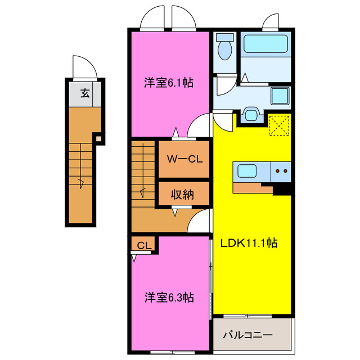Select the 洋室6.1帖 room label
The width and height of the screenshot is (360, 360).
point(168,83)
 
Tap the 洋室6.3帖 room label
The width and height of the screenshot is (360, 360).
point(169,297)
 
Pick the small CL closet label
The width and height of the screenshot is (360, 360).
point(144,245)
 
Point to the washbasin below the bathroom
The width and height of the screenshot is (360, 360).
point(250,115)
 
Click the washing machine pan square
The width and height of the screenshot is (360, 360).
point(279,96)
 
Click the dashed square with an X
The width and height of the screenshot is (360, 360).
point(279,125)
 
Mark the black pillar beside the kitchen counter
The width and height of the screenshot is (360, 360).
point(281,190)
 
